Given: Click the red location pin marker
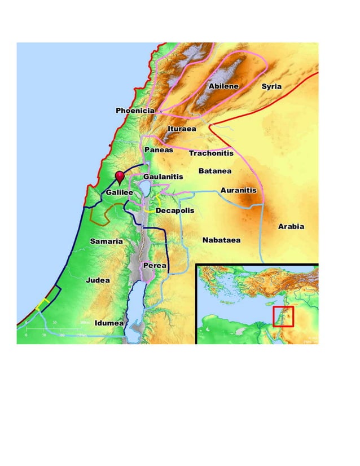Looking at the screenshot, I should pos(119,177).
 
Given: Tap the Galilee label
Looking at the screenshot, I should pos(119,193).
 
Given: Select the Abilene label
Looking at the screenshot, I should pos(223,86).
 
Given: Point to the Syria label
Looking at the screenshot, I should pos(271,87).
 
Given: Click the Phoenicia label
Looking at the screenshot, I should pos(135,111).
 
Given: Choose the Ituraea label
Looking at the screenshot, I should pos(182,129).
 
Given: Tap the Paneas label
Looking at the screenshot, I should pos(159,150).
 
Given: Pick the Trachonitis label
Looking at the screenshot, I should pos(211,153).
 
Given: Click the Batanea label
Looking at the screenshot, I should pos(214,171).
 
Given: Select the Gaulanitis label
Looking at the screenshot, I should pos(163,177).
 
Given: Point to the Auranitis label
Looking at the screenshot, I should pos(238,191).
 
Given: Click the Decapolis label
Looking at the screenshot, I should pos(175,210).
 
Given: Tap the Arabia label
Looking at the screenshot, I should pos(291,227).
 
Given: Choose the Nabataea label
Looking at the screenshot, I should pos(221,240).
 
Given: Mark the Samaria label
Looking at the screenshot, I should pos(106,241).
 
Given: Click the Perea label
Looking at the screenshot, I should pos(154,265).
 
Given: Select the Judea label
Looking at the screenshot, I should pos(98,280).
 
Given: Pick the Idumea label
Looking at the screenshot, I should pos(109,323).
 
